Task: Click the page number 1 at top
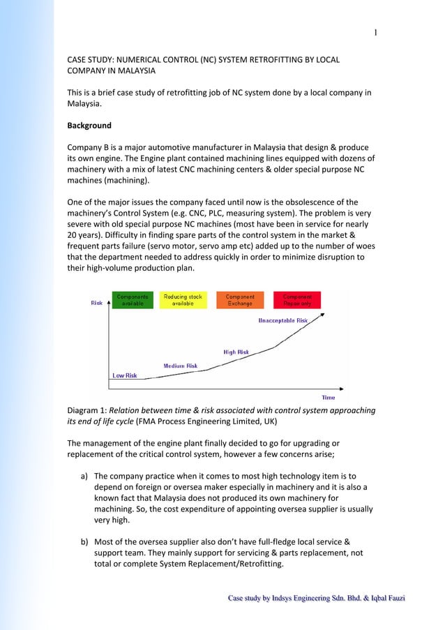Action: click(x=375, y=31)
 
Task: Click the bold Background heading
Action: click(x=89, y=126)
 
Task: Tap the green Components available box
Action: click(x=133, y=300)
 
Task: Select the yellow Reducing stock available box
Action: click(x=183, y=300)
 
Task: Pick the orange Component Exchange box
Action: click(x=240, y=300)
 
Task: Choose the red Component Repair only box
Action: click(x=297, y=300)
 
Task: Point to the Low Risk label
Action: click(x=125, y=375)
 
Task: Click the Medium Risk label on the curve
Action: click(x=180, y=366)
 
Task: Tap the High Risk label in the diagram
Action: click(x=236, y=352)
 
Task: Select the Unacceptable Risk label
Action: click(x=282, y=321)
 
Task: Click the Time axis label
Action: click(x=328, y=397)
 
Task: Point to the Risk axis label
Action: click(x=97, y=303)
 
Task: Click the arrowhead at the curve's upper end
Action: click(x=322, y=315)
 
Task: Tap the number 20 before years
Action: click(x=73, y=234)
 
